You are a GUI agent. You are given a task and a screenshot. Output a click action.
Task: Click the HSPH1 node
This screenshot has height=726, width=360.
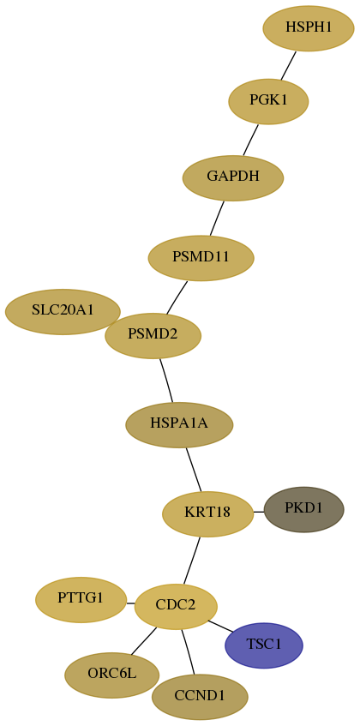pos(309,27)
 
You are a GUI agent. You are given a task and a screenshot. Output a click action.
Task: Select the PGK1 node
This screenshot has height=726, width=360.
pos(268,101)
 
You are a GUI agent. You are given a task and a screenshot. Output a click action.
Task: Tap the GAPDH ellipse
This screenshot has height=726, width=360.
pos(233,177)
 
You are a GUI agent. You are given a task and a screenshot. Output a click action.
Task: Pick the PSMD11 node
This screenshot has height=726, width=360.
pos(201,257)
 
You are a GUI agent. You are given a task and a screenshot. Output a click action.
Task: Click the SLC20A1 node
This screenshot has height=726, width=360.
pos(63,312)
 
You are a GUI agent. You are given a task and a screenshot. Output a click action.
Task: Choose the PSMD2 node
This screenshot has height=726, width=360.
pos(153,335)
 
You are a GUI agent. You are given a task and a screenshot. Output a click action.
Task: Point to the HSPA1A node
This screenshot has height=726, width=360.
pos(179,424)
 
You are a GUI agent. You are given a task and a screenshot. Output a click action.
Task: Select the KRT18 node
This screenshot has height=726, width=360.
pos(207,514)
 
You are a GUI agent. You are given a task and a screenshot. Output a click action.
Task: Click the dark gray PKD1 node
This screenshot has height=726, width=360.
pos(303,509)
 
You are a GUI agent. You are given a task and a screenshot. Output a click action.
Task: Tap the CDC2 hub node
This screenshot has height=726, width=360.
pos(176,607)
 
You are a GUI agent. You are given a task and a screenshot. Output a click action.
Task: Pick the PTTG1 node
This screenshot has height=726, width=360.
pos(81,600)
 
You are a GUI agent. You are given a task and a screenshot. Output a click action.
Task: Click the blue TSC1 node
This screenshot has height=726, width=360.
pos(264,645)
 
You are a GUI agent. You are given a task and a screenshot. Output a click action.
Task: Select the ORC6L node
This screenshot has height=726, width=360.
pos(112,675)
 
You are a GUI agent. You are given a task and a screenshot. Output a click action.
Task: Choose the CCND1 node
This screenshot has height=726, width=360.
pos(200,697)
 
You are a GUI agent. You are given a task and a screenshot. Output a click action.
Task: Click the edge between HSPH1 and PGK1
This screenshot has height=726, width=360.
pos(288,65)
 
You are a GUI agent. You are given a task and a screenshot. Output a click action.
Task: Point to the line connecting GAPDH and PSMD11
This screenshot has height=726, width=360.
pos(217,218)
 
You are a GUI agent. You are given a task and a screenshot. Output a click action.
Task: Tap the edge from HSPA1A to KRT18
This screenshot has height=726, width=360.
pos(194,470)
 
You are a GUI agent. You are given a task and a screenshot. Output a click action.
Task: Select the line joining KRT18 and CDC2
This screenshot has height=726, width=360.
pos(191,561)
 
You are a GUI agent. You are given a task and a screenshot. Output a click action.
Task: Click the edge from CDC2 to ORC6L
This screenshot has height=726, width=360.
pos(143,641)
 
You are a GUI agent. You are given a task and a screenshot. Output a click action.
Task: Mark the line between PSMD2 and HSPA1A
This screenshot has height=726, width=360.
pos(166,380)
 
